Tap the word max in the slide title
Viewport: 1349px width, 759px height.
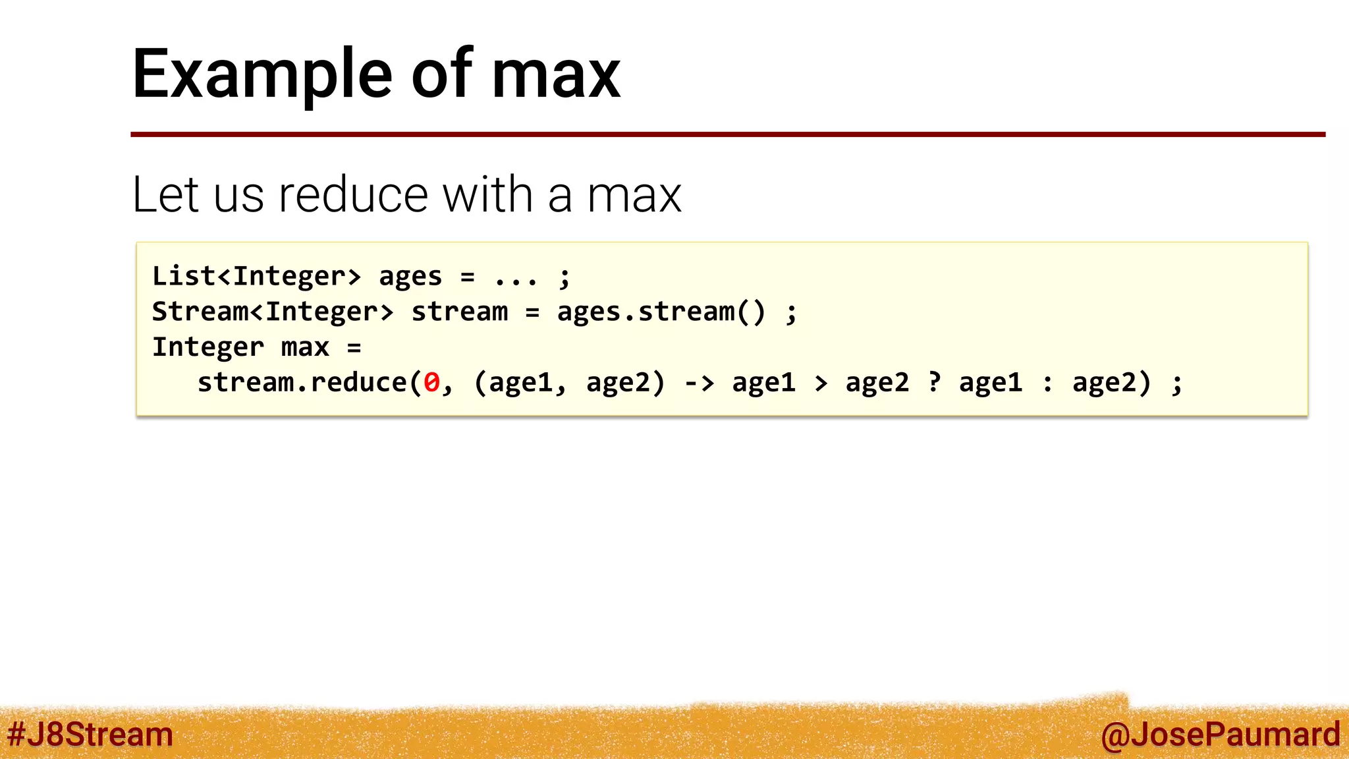(556, 76)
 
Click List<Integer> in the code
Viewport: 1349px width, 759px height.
(256, 276)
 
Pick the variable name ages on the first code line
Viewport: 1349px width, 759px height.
(410, 277)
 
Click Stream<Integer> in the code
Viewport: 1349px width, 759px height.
(273, 312)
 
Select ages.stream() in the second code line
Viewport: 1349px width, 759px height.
(661, 312)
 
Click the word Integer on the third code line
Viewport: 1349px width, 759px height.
(208, 347)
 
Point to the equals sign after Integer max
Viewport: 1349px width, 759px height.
(354, 347)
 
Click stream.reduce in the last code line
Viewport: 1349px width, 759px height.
(302, 383)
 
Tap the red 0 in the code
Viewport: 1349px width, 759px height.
(431, 383)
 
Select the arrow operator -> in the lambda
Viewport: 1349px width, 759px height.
(699, 383)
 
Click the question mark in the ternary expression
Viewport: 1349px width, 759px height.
(934, 382)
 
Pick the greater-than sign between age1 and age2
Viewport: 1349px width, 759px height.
(821, 383)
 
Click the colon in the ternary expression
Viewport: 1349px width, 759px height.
(1047, 383)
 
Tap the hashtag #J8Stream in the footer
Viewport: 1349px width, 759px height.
(90, 735)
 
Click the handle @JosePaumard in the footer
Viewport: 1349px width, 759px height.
(1220, 735)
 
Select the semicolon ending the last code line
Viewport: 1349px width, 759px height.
(1177, 384)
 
